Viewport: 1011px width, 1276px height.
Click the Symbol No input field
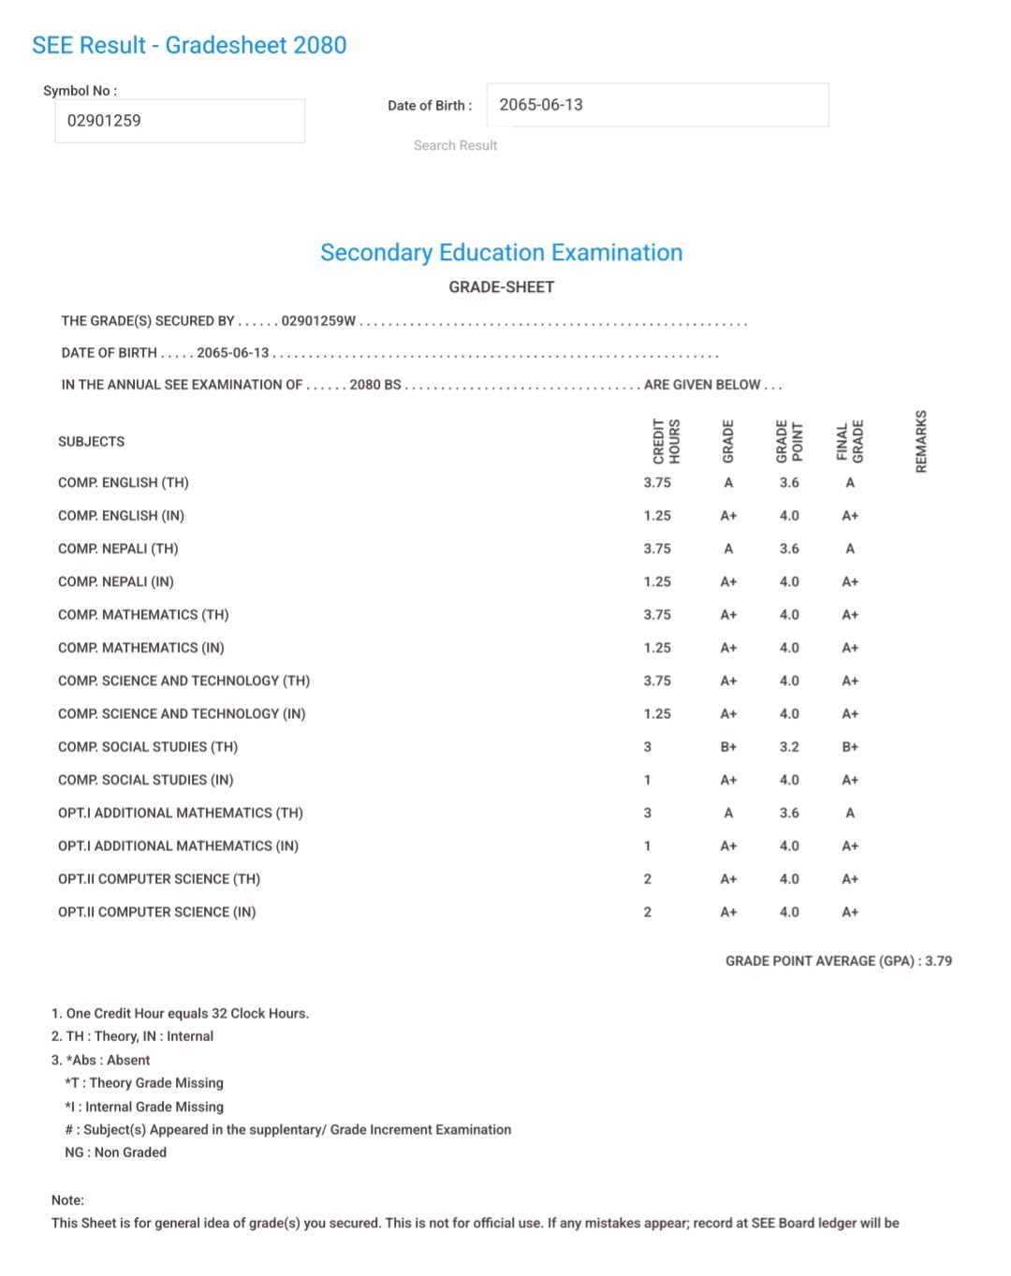point(180,121)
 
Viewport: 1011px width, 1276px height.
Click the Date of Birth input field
point(657,105)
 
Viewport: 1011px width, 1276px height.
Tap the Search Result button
point(455,145)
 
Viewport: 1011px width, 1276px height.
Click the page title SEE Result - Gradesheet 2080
point(189,45)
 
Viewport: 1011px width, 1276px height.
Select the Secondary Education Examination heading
point(502,253)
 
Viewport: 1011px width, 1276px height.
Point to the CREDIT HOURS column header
point(666,441)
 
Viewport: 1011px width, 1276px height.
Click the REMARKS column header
point(921,441)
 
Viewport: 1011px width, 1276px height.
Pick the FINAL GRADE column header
point(850,441)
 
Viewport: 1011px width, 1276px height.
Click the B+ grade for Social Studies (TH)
point(728,747)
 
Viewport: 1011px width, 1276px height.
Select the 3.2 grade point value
point(789,747)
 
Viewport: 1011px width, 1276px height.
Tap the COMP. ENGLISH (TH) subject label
point(124,483)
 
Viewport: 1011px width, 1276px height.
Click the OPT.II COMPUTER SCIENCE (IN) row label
point(157,912)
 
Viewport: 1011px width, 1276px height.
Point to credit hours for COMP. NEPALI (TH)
point(657,549)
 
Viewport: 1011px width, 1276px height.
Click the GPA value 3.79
point(938,961)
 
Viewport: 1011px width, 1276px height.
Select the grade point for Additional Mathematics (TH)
point(789,813)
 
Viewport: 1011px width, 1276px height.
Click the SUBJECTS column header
point(91,442)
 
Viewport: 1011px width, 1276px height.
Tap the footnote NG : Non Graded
point(116,1152)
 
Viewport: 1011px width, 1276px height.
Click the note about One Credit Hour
point(181,1013)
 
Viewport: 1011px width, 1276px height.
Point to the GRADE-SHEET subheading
point(502,287)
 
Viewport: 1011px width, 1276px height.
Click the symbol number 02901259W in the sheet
point(318,321)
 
